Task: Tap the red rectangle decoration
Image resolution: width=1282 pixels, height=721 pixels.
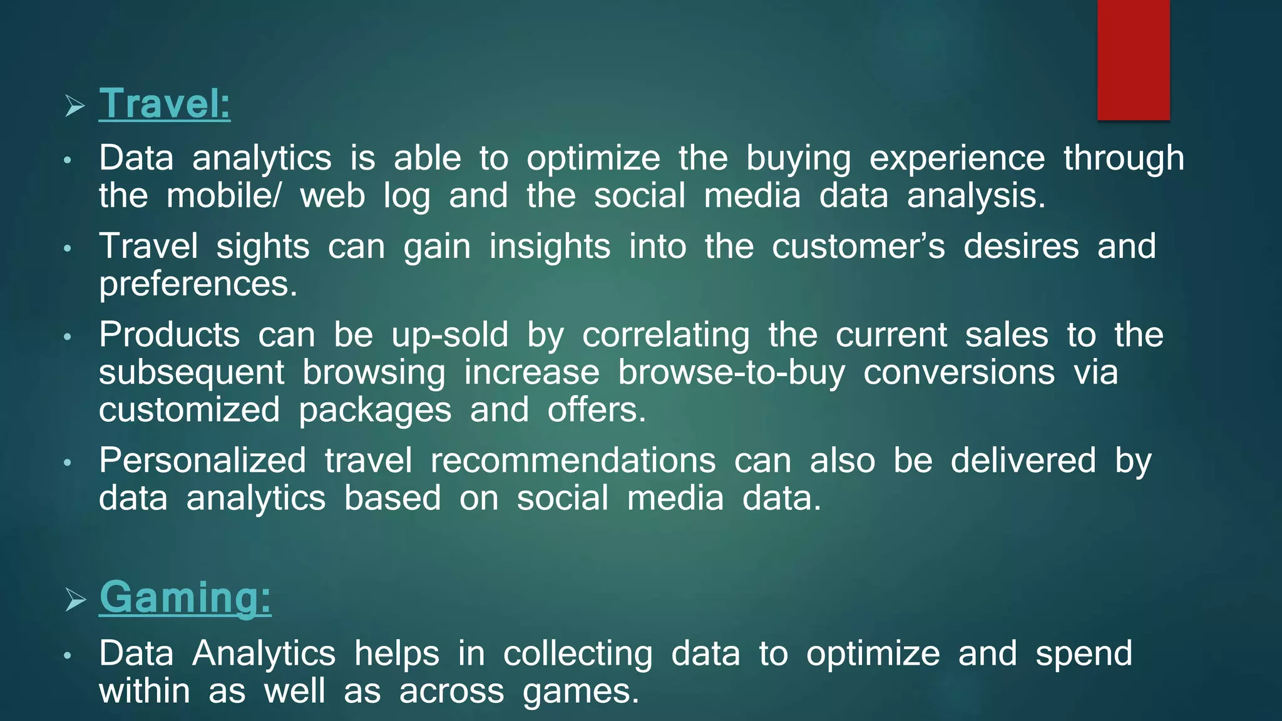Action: tap(1133, 60)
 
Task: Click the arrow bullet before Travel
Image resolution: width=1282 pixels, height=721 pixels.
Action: tap(74, 106)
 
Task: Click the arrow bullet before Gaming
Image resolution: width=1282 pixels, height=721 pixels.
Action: tap(75, 600)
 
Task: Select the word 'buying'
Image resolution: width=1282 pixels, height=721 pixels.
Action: tap(798, 158)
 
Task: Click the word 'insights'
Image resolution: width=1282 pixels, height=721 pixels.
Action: tap(550, 246)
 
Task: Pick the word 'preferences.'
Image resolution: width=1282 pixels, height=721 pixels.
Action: tap(198, 284)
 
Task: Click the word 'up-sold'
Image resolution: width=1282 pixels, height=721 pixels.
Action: tap(449, 335)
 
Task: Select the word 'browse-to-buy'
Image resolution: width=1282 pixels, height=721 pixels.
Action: tap(731, 372)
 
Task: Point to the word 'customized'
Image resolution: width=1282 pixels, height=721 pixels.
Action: tap(189, 410)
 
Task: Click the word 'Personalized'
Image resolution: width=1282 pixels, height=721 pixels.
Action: tap(202, 461)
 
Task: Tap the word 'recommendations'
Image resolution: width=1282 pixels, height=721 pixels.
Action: tap(573, 461)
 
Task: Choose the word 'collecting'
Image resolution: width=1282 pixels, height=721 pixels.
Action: tap(578, 653)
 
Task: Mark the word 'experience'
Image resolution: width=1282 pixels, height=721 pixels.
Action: tap(957, 158)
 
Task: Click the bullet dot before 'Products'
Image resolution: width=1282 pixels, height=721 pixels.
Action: tap(68, 338)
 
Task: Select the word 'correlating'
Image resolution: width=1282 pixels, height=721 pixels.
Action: tap(666, 335)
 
